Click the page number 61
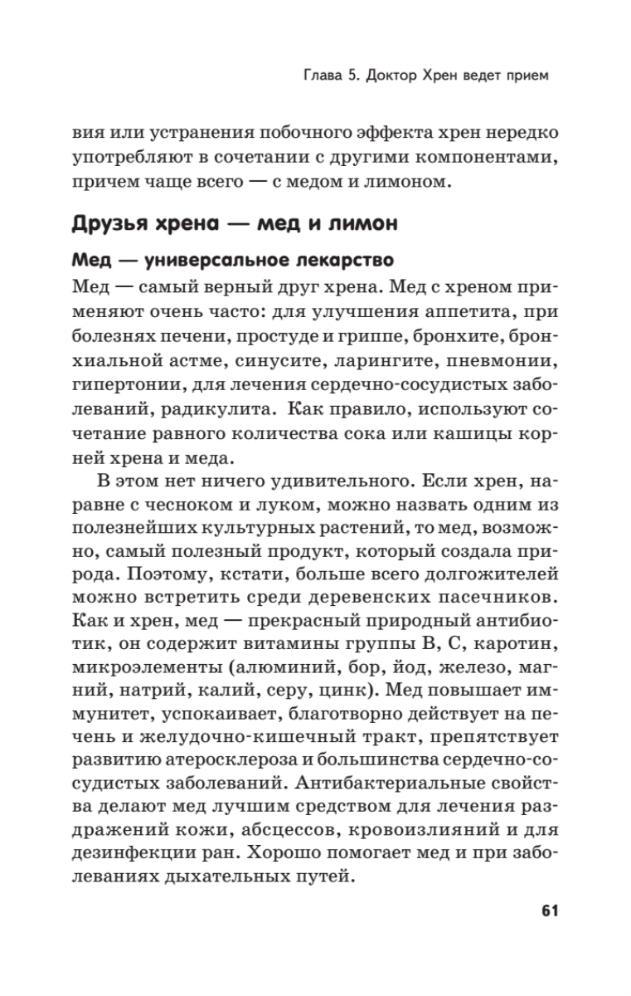pos(527,911)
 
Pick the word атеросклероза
pos(259,760)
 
